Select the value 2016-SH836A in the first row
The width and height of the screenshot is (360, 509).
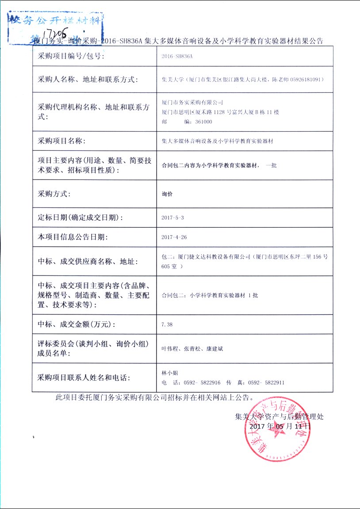(x=178, y=57)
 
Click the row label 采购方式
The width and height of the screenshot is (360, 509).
(x=54, y=194)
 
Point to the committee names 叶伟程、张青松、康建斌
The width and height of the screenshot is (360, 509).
(x=193, y=349)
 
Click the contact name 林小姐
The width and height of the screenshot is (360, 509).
(x=170, y=373)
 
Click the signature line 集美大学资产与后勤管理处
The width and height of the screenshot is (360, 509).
(x=280, y=416)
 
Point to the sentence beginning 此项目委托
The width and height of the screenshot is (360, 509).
(x=154, y=397)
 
